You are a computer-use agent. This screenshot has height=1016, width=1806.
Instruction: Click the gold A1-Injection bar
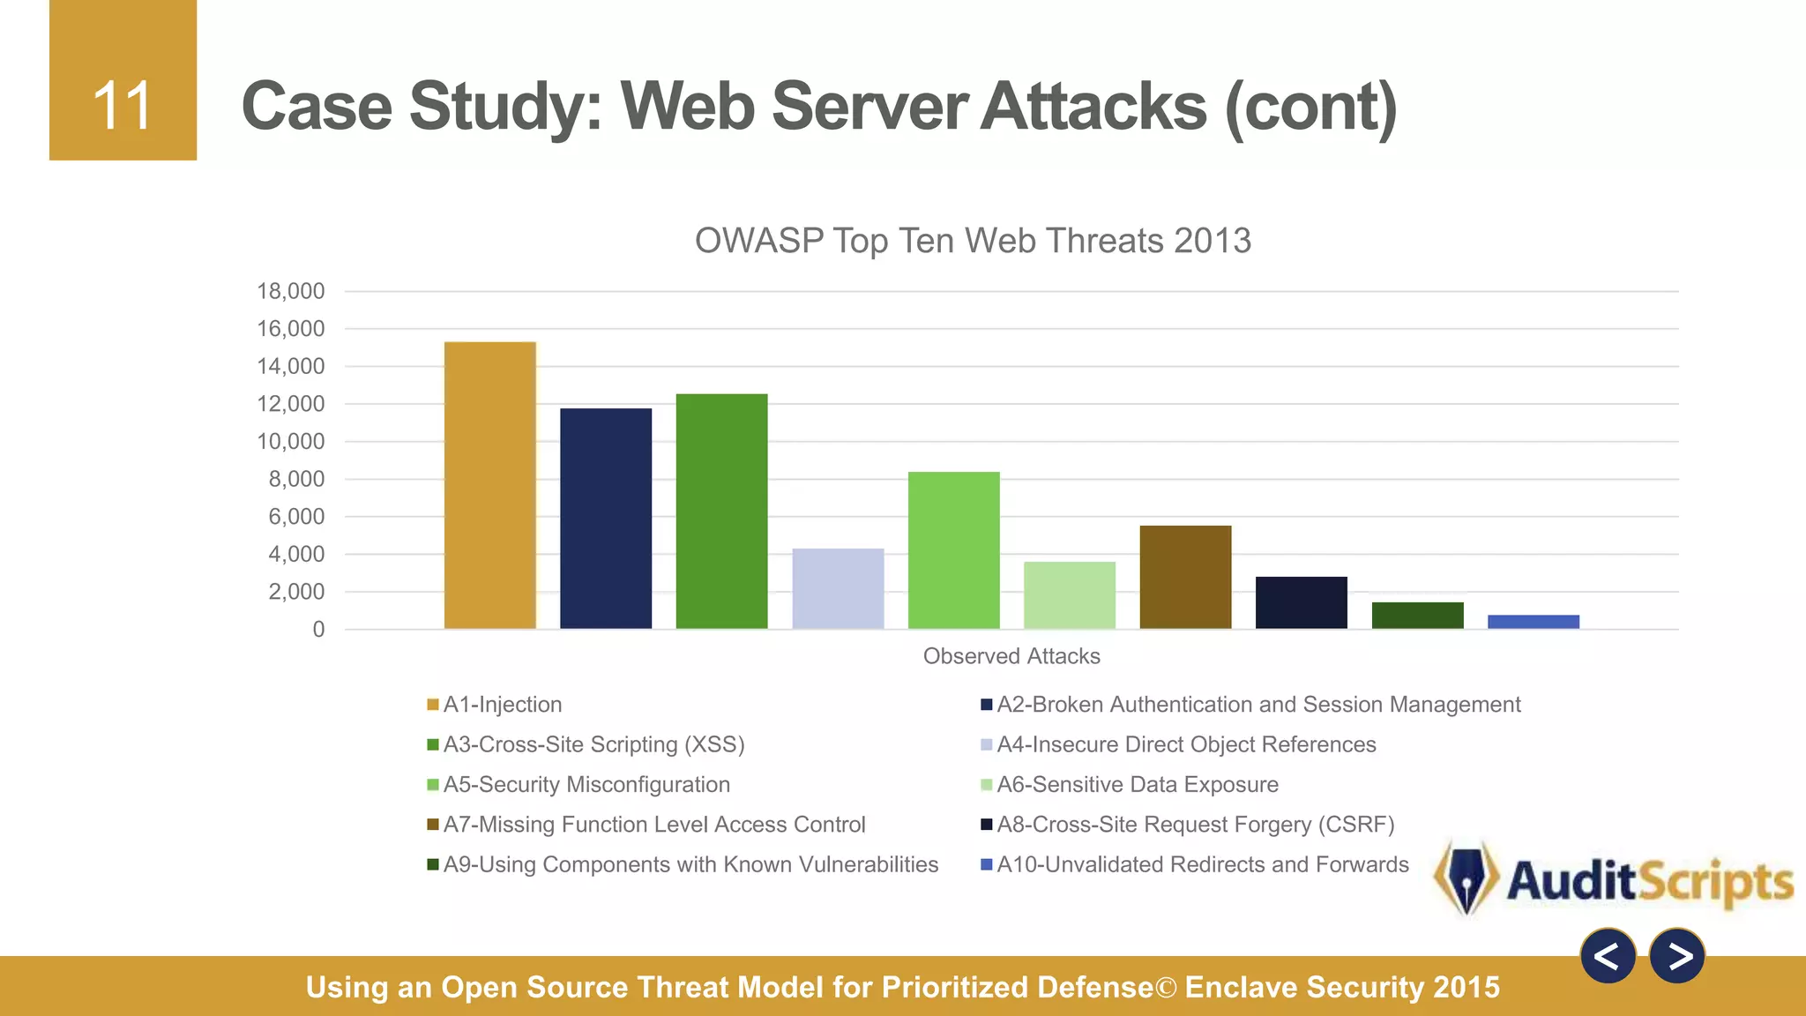click(x=490, y=485)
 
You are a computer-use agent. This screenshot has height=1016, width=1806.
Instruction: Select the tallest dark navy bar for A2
click(x=606, y=519)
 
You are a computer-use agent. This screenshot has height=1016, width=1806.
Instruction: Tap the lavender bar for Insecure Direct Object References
click(x=838, y=588)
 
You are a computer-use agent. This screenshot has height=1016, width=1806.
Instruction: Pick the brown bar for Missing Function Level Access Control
click(x=1185, y=577)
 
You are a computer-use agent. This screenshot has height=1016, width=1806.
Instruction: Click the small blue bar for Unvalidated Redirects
click(x=1534, y=622)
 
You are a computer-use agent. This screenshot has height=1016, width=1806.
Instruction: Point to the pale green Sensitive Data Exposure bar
click(x=1070, y=595)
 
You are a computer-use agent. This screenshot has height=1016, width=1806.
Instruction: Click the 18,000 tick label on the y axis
click(x=291, y=291)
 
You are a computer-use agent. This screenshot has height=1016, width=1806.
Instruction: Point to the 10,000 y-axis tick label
click(x=291, y=441)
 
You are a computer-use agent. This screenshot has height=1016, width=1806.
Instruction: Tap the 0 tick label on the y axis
click(x=318, y=629)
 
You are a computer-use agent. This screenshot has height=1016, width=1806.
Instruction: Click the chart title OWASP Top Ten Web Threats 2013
click(x=973, y=241)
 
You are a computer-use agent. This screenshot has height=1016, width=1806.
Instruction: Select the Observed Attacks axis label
click(x=1011, y=656)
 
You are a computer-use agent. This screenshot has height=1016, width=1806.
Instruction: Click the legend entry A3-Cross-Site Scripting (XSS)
click(x=593, y=744)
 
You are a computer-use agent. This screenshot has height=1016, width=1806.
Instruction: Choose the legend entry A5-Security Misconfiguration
click(x=586, y=784)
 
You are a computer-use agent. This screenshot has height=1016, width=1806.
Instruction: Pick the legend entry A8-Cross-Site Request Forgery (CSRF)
click(x=1195, y=825)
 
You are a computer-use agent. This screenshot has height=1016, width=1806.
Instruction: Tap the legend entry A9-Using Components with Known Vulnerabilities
click(x=690, y=864)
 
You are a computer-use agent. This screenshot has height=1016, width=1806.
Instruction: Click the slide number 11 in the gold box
click(x=123, y=106)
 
